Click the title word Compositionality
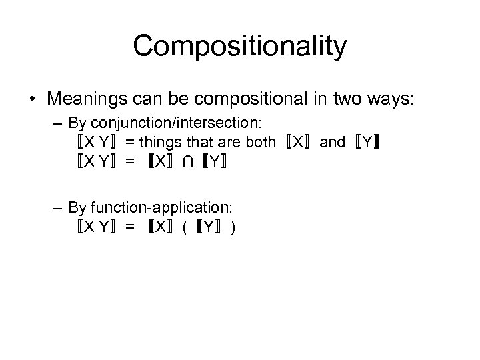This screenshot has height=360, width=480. [240, 46]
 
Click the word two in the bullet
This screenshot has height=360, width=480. [348, 100]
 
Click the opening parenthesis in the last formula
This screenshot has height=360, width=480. [184, 227]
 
